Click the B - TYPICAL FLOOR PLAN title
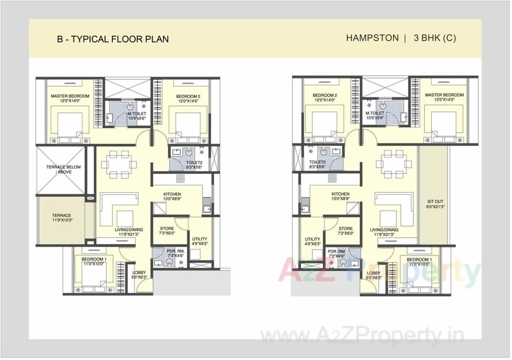tap(113, 39)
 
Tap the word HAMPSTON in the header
tap(372, 38)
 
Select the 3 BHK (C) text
tap(435, 38)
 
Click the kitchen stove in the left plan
tap(180, 178)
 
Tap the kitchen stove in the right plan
tap(333, 178)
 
